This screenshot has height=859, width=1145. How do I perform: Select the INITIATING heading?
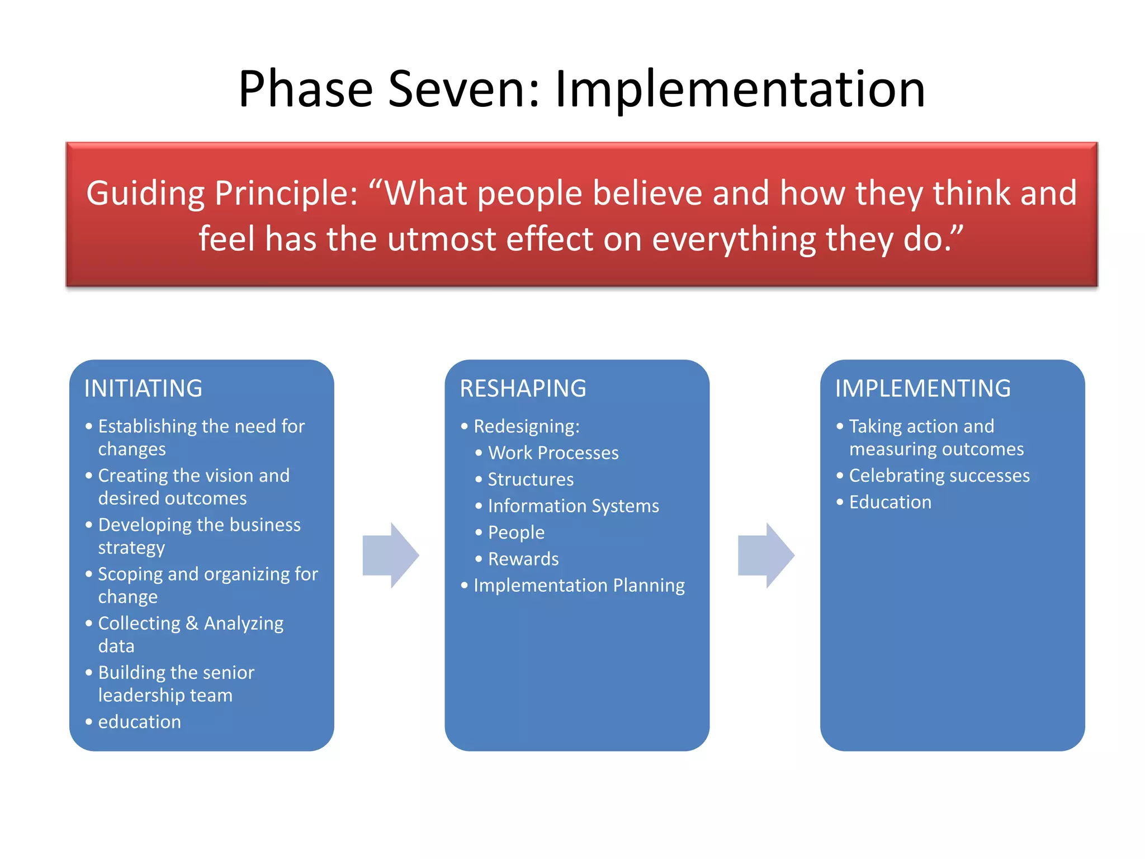pos(143,389)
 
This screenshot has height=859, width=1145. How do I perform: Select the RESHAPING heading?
pos(523,389)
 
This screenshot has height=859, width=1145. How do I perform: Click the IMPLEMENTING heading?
pos(922,389)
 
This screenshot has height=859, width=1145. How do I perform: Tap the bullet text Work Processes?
pos(553,453)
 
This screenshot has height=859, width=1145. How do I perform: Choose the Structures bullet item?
pos(531,480)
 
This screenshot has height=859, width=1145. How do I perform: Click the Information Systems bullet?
pos(573,506)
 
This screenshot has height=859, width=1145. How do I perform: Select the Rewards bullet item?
pos(523,559)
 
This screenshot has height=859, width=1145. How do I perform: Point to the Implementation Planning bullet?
pos(579,586)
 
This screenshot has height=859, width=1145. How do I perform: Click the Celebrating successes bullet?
pos(939,476)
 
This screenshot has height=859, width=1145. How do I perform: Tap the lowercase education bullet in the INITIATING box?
pos(139,722)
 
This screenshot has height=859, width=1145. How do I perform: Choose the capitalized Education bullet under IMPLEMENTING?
pos(890,502)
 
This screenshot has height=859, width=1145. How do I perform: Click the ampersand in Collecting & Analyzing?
pos(192,623)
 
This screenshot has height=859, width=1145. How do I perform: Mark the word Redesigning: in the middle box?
pos(526,427)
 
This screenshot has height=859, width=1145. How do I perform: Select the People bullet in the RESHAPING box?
pos(516,532)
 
